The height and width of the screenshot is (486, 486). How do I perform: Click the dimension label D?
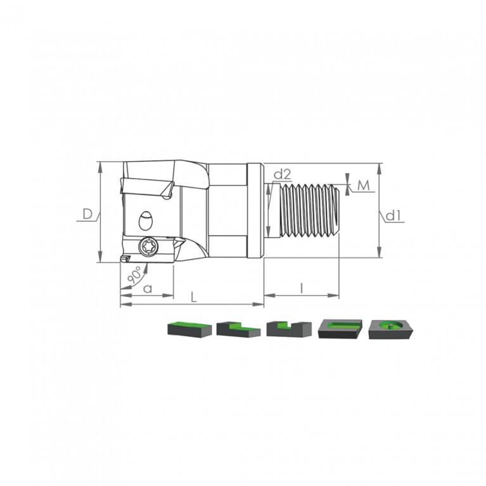(x=87, y=214)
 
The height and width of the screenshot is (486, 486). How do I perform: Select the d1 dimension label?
(x=394, y=215)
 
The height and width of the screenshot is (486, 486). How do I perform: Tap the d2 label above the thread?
(x=283, y=175)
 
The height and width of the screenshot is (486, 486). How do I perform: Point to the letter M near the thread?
(x=364, y=186)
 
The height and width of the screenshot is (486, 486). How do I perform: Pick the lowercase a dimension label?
(x=148, y=289)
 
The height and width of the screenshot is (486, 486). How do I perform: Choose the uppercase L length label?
(x=193, y=298)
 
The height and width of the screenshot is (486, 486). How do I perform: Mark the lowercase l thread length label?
(x=302, y=288)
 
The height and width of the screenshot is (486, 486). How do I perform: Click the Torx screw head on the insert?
(x=148, y=246)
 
